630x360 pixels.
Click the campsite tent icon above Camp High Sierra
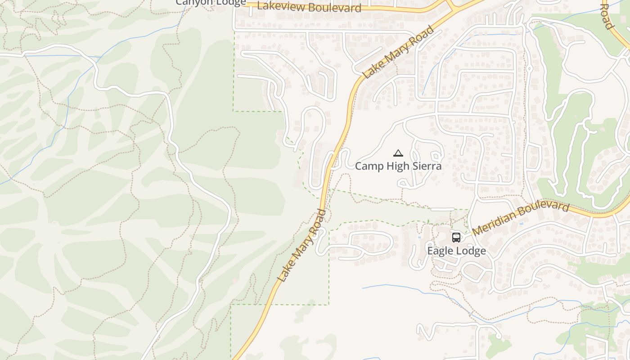point(398,153)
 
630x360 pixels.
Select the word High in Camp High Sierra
point(397,166)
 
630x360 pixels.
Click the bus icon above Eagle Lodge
point(456,237)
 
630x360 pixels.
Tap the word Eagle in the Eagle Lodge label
point(440,251)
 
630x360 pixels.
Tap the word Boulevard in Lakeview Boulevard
point(335,8)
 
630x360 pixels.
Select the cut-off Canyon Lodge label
point(211,2)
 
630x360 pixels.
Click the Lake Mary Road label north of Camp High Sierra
point(399,52)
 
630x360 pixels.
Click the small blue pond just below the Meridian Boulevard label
point(521,223)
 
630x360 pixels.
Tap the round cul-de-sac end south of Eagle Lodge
point(499,336)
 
